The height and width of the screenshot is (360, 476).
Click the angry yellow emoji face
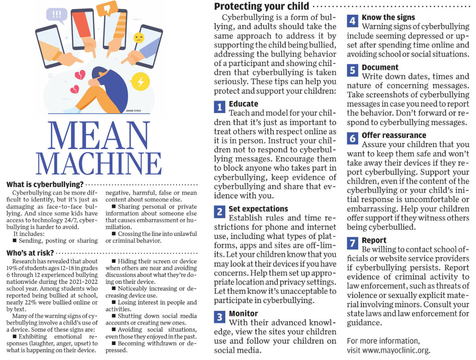coord(139,38)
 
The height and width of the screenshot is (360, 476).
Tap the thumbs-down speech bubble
coord(107,9)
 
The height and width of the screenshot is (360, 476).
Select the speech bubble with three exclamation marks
coord(57,14)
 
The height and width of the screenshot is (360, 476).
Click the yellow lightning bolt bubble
coord(141,81)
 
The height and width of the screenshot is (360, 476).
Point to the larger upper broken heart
coord(80,75)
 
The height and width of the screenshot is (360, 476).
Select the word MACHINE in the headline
coord(99,163)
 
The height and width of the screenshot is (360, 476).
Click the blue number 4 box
coord(352,21)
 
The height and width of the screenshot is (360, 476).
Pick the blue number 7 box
coord(352,243)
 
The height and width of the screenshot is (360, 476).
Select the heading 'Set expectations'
coord(258,209)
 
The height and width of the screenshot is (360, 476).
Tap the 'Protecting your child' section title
coord(261,6)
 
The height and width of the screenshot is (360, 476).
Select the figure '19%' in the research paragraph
coord(13,268)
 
